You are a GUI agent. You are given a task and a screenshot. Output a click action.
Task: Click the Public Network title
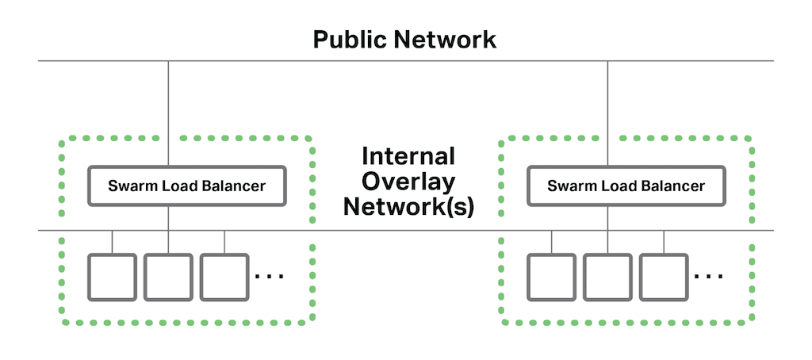tap(404, 39)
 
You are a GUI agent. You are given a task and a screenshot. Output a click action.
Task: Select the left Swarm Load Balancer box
tap(186, 186)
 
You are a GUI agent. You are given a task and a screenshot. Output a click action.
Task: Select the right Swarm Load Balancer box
tap(626, 186)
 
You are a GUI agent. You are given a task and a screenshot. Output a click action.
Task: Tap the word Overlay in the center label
tap(408, 182)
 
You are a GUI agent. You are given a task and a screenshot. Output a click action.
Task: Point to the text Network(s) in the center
tap(408, 208)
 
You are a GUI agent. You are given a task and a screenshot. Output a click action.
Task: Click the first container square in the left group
tap(112, 277)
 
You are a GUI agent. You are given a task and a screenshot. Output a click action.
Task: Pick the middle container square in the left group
tap(168, 277)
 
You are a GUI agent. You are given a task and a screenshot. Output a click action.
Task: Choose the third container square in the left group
tap(224, 277)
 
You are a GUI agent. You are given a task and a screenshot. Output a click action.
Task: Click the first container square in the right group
tap(552, 277)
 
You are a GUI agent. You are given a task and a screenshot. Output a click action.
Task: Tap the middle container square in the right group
tap(608, 277)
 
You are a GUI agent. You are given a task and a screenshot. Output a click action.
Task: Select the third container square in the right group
tap(665, 277)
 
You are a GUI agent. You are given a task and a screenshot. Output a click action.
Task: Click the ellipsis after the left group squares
tap(270, 277)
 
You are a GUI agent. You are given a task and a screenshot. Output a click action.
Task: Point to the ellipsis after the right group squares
tap(708, 277)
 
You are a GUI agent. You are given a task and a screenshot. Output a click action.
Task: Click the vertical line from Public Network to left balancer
tap(168, 111)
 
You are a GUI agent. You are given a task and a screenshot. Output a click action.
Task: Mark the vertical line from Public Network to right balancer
tap(608, 111)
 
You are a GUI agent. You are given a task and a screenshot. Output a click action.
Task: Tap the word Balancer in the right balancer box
tap(672, 187)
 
